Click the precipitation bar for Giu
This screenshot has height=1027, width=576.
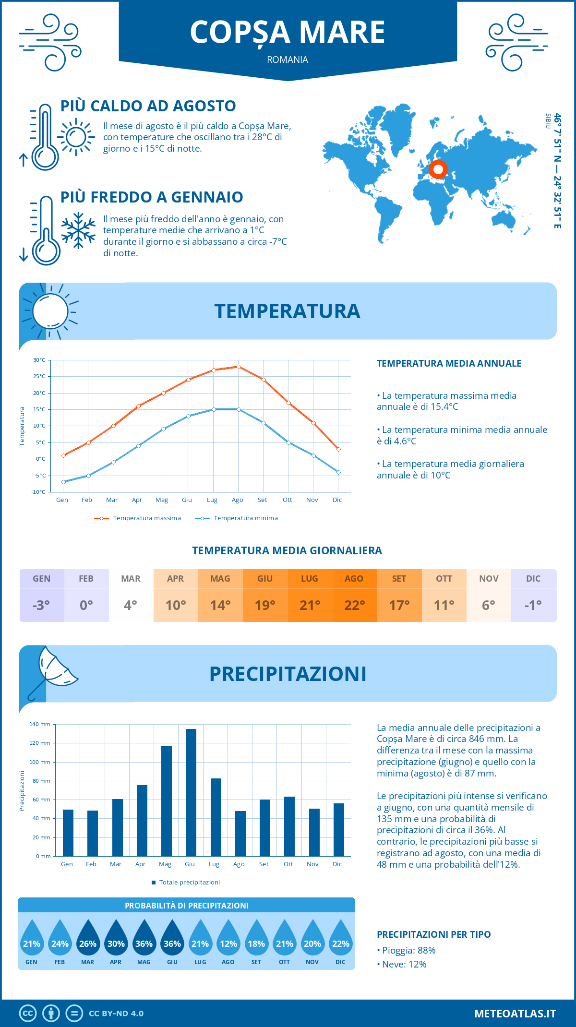point(191,792)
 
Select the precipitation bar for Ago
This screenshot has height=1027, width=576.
point(240,834)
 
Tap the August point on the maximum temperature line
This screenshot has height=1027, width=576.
point(239,367)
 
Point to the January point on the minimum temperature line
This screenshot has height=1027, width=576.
point(63,482)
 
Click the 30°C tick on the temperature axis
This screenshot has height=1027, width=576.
point(39,360)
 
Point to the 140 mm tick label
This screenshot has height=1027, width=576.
point(40,724)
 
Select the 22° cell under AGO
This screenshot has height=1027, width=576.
point(355,605)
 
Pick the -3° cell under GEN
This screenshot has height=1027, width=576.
point(41,605)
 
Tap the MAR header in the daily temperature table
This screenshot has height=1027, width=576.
point(131,579)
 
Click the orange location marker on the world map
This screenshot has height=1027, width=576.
point(438,169)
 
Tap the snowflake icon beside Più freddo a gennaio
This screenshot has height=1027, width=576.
point(78,230)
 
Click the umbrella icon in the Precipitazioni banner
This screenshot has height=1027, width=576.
point(54,672)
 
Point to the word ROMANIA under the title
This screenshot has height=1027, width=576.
point(288,60)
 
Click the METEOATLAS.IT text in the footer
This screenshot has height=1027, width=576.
point(515,1014)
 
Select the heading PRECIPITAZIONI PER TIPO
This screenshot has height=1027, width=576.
point(433,934)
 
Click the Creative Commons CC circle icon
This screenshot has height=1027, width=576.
point(28,1014)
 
